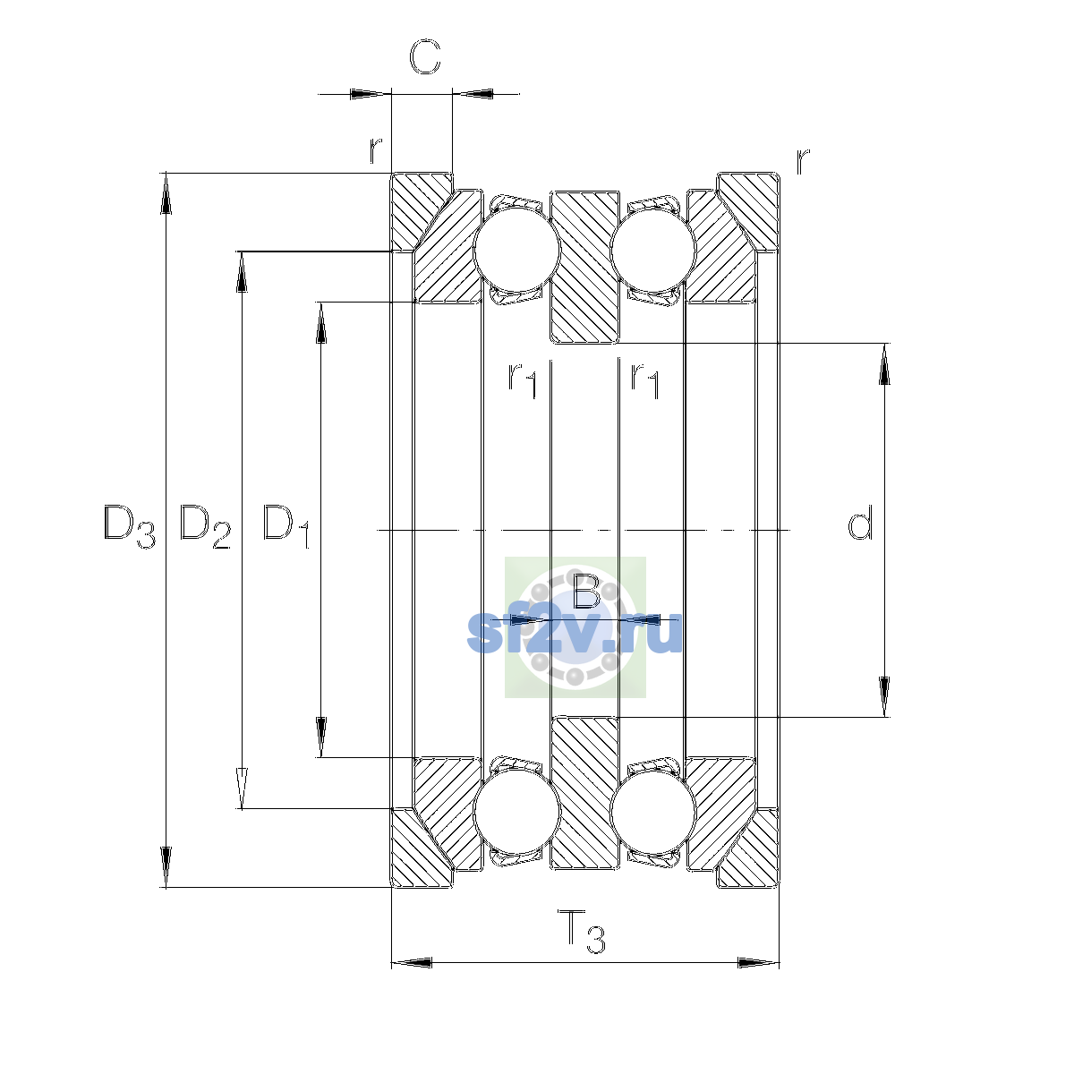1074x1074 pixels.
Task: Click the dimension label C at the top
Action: point(425,57)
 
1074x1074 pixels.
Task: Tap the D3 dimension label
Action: point(129,526)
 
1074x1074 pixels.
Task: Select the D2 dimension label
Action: point(205,526)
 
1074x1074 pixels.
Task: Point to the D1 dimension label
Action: point(286,526)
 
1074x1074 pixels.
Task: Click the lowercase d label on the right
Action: point(859,522)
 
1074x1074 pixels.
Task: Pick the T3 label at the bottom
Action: point(582,932)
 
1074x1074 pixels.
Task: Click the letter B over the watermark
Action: point(585,590)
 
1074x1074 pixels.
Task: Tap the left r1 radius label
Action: point(522,379)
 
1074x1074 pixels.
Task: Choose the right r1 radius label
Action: point(644,379)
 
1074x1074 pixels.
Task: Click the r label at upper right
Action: point(803,162)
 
